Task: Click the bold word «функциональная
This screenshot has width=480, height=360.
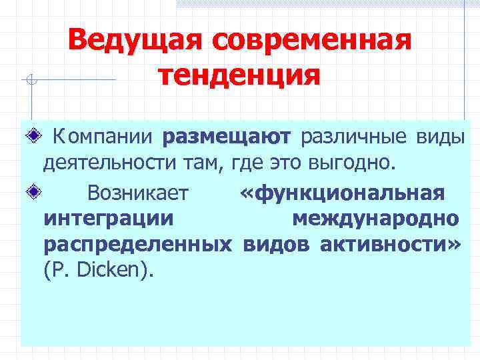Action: click(343, 193)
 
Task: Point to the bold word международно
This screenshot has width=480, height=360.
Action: click(375, 219)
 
